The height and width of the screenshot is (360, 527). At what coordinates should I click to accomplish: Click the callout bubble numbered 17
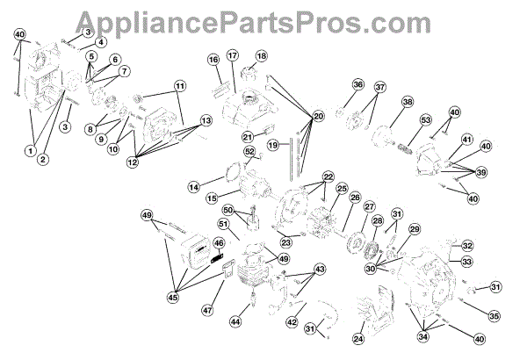coord(233,55)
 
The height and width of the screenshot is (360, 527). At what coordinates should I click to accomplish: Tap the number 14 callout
coord(193,186)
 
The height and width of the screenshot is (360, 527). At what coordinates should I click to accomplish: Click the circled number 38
coord(407,103)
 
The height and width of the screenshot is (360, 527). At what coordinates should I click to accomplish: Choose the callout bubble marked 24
coord(357,338)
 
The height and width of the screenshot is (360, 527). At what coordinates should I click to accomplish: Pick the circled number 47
coord(207,310)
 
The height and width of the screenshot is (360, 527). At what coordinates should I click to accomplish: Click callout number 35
coord(495,316)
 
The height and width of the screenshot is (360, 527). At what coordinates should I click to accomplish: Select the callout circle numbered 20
coord(318,116)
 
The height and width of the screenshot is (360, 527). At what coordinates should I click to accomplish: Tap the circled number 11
coord(180,86)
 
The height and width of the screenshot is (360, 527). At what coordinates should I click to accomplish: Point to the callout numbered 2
coord(43,159)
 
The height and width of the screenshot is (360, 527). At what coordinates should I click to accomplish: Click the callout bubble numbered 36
coord(357,84)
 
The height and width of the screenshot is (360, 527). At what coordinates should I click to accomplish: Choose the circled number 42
coord(290,322)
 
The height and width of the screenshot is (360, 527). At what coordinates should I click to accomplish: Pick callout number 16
coord(213,59)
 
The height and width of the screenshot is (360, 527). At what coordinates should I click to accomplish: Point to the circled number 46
coord(219,244)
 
